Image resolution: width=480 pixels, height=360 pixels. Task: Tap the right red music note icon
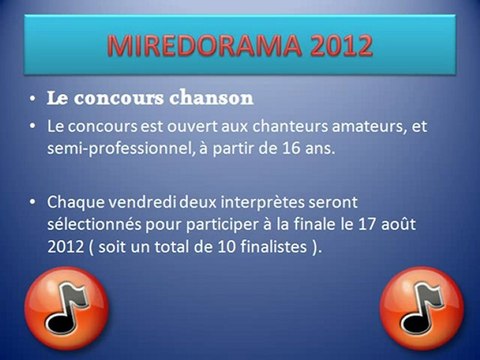click(423, 307)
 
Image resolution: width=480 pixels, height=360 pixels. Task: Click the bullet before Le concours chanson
click(34, 100)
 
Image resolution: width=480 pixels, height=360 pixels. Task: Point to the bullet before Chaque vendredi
click(34, 202)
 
